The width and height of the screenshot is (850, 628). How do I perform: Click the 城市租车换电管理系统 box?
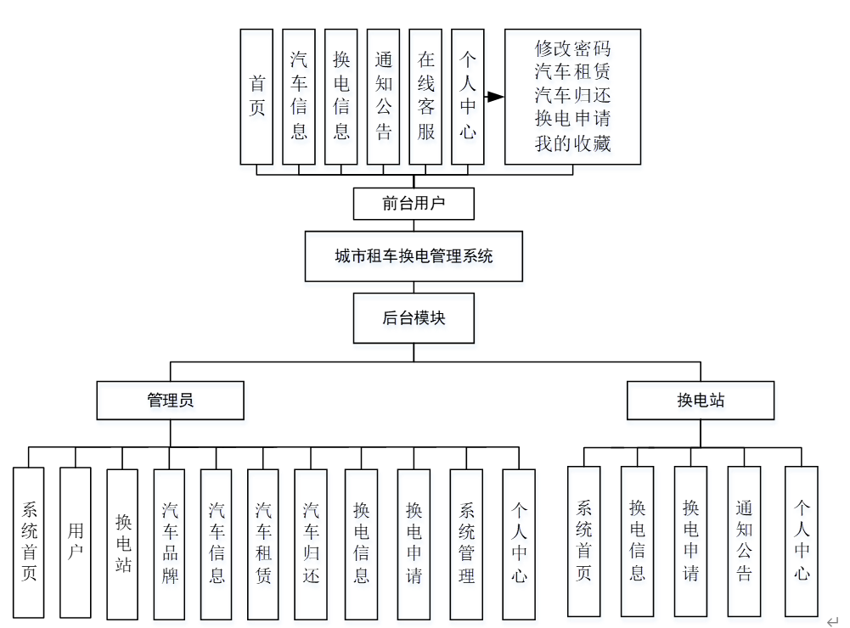414,256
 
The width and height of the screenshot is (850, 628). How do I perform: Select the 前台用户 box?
414,204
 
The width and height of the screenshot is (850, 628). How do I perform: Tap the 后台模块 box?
414,319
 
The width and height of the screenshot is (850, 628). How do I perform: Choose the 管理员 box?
170,401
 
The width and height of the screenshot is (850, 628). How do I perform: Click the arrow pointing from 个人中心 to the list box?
493,97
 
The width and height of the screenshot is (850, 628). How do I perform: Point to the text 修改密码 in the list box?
572,48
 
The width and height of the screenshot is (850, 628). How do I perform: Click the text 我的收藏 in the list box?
572,143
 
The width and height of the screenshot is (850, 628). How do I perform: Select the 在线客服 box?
425,96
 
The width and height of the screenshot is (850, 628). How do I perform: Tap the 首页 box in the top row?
256,96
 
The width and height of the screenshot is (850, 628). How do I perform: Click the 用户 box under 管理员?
76,542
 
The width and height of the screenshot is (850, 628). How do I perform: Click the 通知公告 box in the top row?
383,96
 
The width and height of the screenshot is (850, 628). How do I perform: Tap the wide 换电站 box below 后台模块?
701,401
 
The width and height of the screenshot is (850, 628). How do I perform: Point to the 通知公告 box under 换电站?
744,541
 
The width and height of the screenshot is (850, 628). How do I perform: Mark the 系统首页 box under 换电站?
584,541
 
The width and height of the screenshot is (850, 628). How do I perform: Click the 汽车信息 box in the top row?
299,96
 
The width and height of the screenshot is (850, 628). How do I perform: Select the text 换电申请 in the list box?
572,120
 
